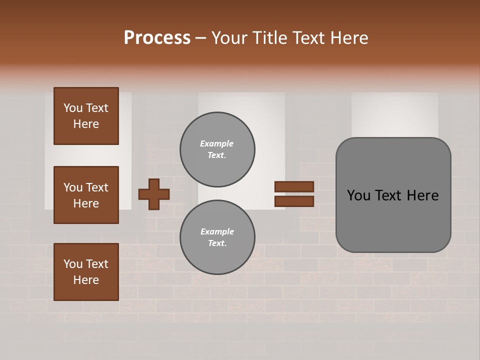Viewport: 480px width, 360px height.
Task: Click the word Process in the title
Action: click(157, 38)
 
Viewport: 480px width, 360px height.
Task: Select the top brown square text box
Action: click(86, 116)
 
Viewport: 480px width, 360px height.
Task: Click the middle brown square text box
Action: click(86, 195)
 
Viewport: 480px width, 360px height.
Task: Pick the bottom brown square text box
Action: click(86, 272)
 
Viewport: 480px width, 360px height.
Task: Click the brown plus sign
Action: click(154, 193)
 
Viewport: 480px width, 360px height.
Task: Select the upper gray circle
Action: click(217, 149)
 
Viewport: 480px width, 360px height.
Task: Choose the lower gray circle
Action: click(217, 237)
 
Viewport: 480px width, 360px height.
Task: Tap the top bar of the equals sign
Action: click(294, 186)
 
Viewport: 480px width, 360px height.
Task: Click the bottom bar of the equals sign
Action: click(294, 201)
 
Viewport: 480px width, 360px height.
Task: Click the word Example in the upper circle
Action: click(217, 144)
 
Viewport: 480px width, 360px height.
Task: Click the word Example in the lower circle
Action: click(217, 232)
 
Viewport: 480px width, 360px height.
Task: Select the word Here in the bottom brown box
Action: click(86, 280)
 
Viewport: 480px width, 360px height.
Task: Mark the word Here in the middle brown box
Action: click(86, 203)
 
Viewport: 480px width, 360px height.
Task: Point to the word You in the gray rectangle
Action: click(358, 195)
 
